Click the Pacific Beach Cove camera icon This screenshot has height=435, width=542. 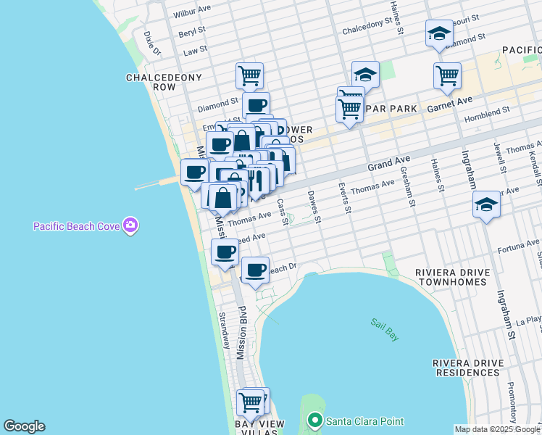[130, 225]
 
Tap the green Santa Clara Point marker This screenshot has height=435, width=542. [314, 420]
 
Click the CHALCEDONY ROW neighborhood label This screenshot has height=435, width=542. [151, 82]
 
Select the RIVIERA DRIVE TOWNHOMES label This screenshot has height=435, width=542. [452, 278]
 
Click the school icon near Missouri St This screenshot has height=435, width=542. [438, 33]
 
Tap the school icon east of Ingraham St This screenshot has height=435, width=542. [486, 205]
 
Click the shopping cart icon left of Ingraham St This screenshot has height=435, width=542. [447, 75]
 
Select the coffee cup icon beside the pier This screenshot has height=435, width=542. [195, 173]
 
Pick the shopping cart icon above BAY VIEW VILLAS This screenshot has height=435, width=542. [250, 401]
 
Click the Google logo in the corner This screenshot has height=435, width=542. [24, 426]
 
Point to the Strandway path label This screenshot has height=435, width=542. [224, 331]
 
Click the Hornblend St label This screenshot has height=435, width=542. [488, 110]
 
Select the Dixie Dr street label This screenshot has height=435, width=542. [152, 43]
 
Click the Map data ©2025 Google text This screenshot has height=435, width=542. [496, 429]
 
